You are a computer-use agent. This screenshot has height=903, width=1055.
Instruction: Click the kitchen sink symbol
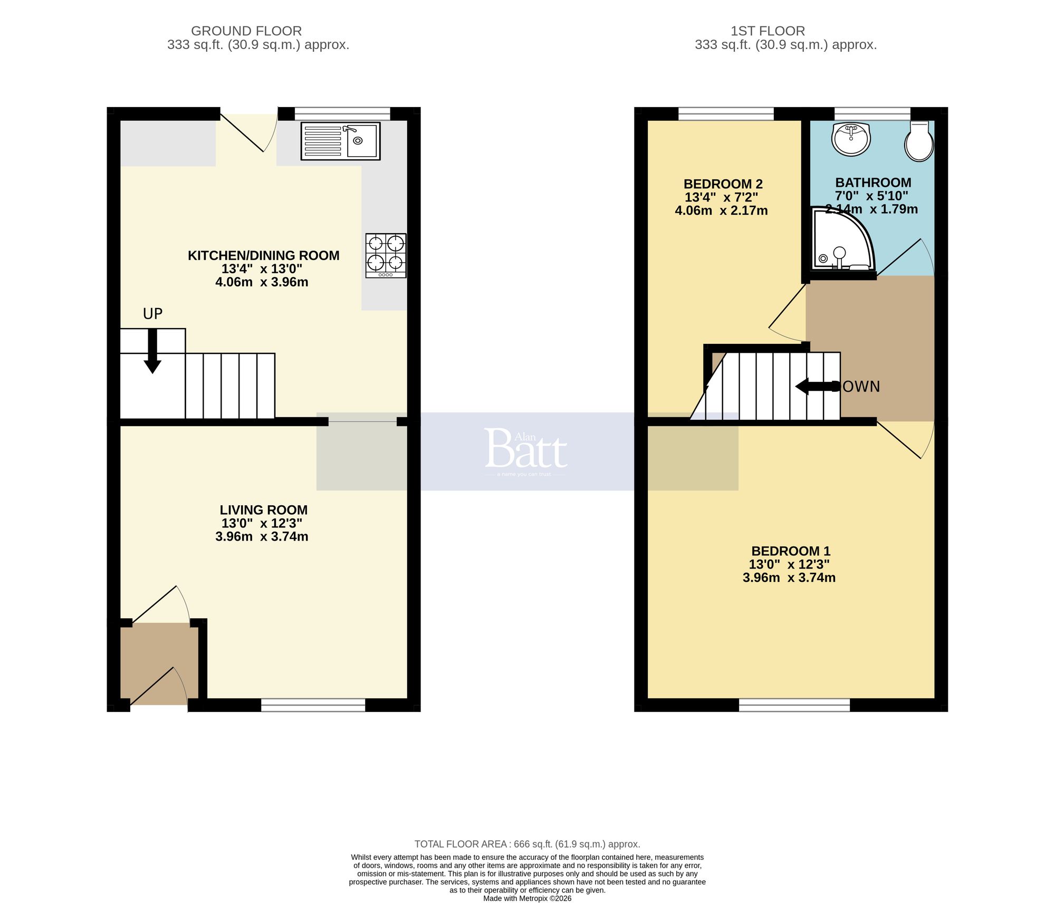[340, 141]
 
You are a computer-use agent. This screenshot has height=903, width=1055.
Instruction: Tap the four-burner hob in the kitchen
[386, 255]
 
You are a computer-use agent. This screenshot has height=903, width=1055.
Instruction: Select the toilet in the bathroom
[919, 141]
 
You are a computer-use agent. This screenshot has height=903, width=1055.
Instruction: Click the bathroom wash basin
[850, 139]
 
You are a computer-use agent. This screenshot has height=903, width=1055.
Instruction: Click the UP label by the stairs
[152, 314]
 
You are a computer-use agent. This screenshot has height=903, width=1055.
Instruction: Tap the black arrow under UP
[152, 351]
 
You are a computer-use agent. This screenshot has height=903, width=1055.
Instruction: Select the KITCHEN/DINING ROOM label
[263, 256]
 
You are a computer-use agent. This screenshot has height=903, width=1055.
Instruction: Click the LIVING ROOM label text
[263, 510]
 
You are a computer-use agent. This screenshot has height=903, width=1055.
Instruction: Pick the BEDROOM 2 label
[723, 184]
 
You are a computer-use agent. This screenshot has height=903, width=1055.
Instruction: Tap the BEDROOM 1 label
[790, 551]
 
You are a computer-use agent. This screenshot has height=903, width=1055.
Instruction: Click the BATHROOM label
[873, 182]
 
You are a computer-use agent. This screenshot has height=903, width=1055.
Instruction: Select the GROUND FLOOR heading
[246, 31]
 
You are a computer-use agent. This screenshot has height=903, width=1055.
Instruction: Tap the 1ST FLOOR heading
[768, 31]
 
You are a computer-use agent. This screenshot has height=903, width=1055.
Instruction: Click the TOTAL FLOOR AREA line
[527, 844]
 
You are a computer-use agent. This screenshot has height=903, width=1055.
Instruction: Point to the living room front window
[313, 705]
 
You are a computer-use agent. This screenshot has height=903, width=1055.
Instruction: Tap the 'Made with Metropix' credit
[527, 898]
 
